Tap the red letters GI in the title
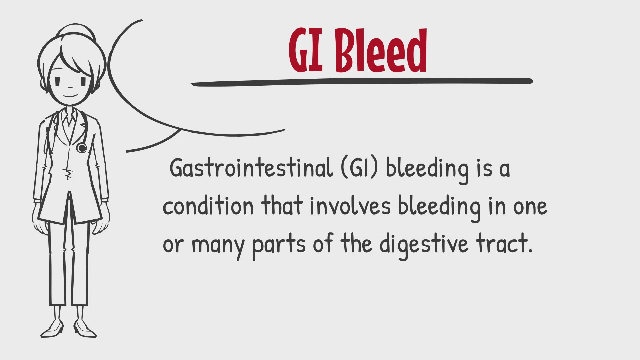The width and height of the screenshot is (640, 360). coord(306,51)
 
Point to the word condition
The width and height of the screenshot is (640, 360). coord(208,205)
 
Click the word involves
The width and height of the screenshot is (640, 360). coord(350,205)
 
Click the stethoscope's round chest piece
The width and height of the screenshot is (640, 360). coord(81,148)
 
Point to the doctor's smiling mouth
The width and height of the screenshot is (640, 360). coord(71,96)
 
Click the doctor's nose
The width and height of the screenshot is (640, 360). coord(70,87)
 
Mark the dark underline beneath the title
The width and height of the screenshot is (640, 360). coord(362,82)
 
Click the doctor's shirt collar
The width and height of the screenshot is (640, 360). coord(70,117)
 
